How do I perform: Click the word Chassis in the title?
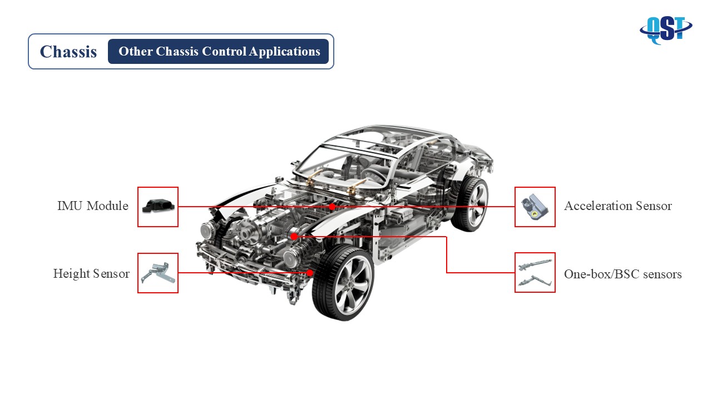pyautogui.click(x=68, y=52)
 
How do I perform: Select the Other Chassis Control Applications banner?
pyautogui.click(x=219, y=52)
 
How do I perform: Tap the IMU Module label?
pyautogui.click(x=93, y=206)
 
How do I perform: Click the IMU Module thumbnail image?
pyautogui.click(x=158, y=207)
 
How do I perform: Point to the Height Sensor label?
pyautogui.click(x=91, y=273)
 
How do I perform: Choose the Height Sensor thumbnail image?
pyautogui.click(x=158, y=273)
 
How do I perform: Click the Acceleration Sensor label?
pyautogui.click(x=617, y=206)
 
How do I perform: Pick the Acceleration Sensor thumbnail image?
pyautogui.click(x=535, y=207)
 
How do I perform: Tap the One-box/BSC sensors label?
pyautogui.click(x=622, y=274)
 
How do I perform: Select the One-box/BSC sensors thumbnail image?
pyautogui.click(x=535, y=272)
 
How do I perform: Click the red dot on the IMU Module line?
pyautogui.click(x=332, y=207)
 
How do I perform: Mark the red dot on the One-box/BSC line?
pyautogui.click(x=294, y=236)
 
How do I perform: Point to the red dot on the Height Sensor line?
pyautogui.click(x=310, y=273)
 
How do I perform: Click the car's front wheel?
pyautogui.click(x=343, y=284)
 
